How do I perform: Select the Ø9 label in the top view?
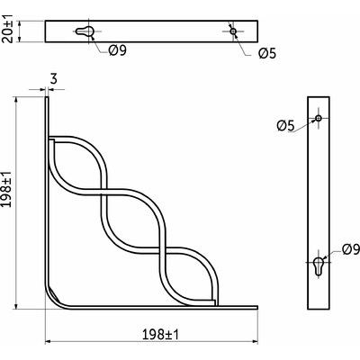[x=117, y=50]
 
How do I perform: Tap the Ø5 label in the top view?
[x=266, y=54]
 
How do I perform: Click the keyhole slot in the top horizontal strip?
[x=84, y=32]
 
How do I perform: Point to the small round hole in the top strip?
[x=233, y=31]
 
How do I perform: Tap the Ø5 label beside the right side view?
[x=286, y=124]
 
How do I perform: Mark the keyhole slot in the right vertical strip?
[x=319, y=266]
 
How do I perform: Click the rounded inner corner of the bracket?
[x=56, y=292]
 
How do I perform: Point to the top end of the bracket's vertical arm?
[x=46, y=101]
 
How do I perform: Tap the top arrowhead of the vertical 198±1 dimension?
[x=15, y=102]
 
